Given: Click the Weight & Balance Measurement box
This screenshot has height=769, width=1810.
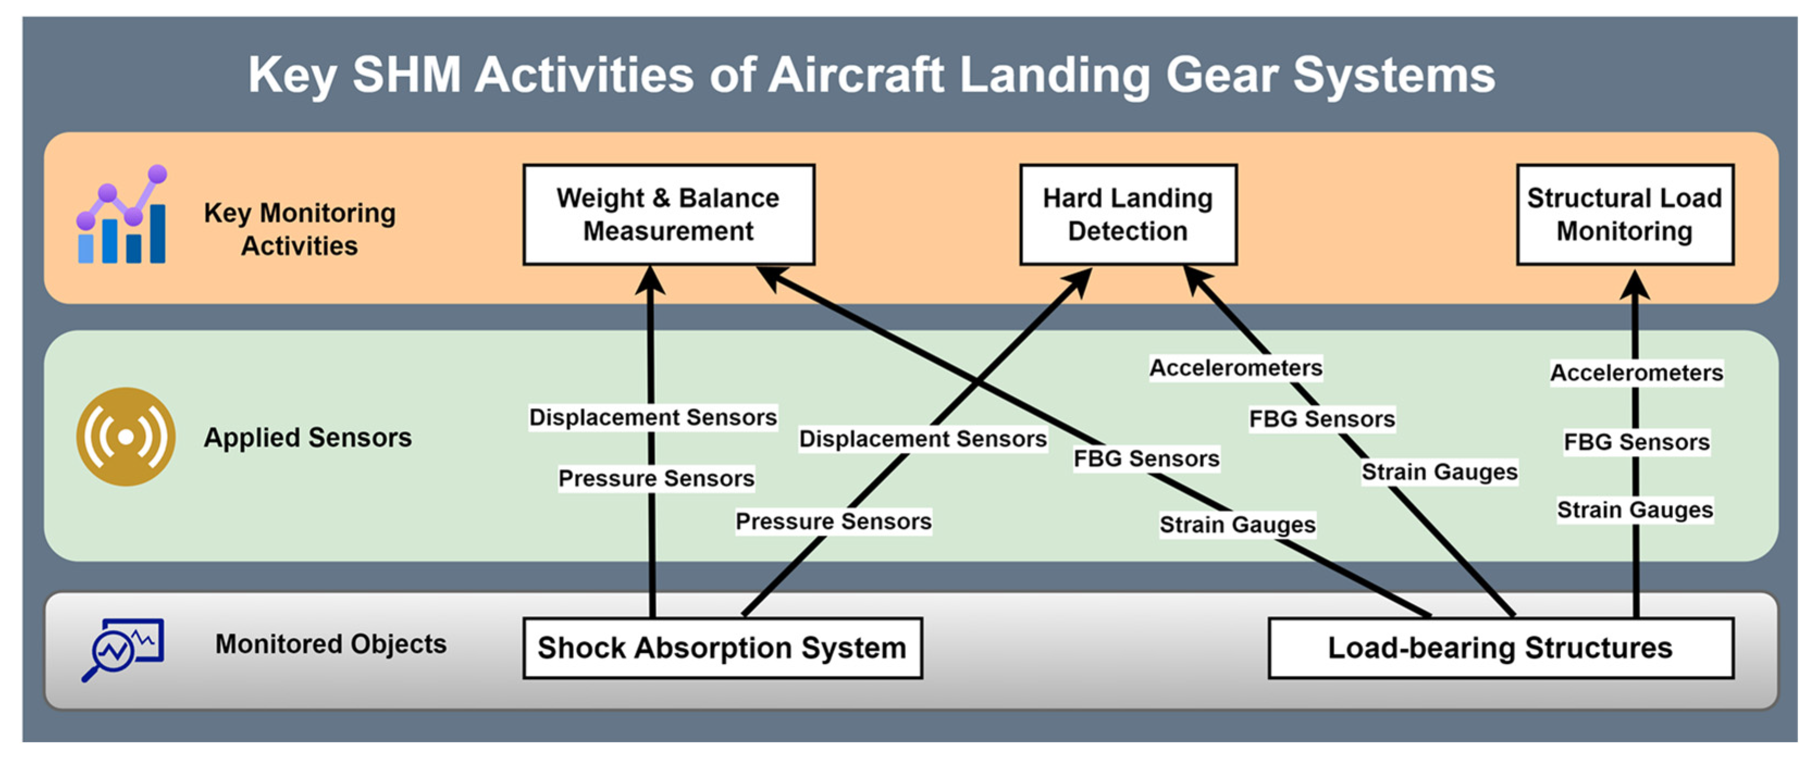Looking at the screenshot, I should [x=668, y=215].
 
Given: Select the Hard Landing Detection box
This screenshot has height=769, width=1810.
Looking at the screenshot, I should [x=1128, y=215].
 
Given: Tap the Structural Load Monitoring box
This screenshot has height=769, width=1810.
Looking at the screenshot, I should [x=1625, y=215].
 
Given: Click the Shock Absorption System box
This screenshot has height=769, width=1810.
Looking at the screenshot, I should [x=722, y=647].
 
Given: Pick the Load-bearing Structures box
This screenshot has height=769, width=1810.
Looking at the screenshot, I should [x=1500, y=647].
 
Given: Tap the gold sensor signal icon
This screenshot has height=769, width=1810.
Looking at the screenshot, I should [x=126, y=437].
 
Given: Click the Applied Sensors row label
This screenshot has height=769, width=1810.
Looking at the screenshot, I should [x=308, y=437].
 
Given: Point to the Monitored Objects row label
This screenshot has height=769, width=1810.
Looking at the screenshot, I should [x=330, y=644].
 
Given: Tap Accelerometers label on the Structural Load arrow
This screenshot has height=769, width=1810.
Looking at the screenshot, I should [x=1637, y=372].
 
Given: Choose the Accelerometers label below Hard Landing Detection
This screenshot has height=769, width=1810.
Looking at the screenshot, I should [x=1235, y=367].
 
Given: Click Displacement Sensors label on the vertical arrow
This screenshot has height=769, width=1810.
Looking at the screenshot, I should [x=653, y=417].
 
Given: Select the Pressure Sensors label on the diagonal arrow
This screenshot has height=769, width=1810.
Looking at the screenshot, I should [x=833, y=521].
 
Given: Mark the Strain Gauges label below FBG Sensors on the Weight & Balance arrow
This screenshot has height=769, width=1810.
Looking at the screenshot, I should [x=1237, y=524].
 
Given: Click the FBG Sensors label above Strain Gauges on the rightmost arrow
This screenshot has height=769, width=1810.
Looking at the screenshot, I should [x=1637, y=442].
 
